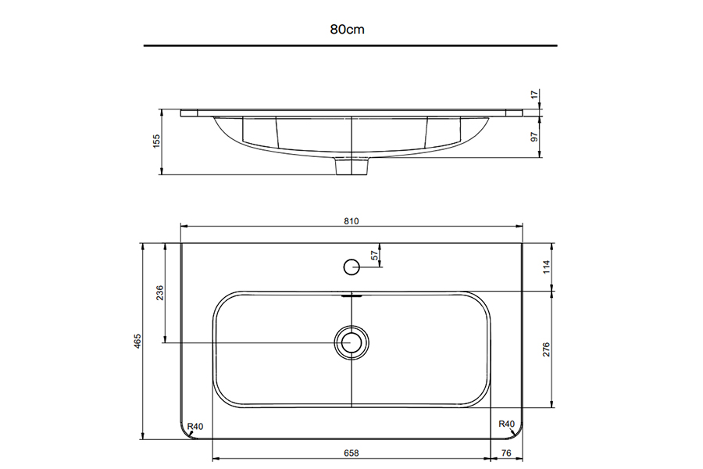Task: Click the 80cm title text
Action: (347, 30)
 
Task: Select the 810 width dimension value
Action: (351, 221)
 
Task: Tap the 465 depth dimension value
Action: (137, 341)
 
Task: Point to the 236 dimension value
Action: (159, 293)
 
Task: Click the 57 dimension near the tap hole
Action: (375, 256)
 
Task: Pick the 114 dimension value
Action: (546, 267)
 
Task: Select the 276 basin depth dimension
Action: (546, 349)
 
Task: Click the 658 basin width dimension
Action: (351, 453)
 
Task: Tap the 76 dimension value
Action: (506, 453)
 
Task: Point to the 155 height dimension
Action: (156, 141)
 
